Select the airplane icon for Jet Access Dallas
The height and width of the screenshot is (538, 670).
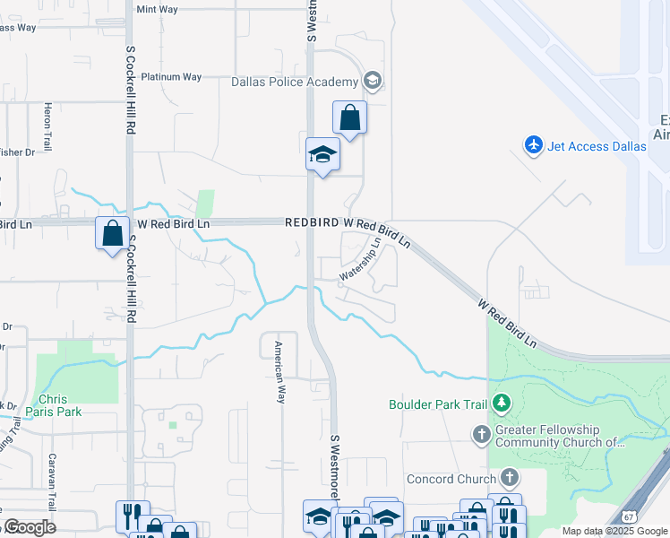click(x=534, y=144)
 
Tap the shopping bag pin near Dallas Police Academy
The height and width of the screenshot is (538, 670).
click(x=349, y=118)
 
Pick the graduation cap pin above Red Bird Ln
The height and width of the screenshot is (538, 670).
click(x=322, y=155)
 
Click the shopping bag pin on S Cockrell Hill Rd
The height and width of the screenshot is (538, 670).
click(x=113, y=234)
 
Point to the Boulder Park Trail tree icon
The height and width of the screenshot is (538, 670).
click(x=502, y=404)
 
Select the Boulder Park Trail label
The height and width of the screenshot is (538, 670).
click(x=437, y=404)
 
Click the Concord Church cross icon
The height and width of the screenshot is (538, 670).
click(x=511, y=478)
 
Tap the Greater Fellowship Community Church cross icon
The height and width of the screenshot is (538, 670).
click(x=482, y=435)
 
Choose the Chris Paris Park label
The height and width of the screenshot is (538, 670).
click(x=59, y=405)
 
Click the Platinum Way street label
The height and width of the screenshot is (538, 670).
click(x=171, y=77)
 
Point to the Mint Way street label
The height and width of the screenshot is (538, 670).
click(x=158, y=10)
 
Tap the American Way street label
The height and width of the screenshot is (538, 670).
click(x=279, y=371)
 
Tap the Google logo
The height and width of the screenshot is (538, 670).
click(x=30, y=526)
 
